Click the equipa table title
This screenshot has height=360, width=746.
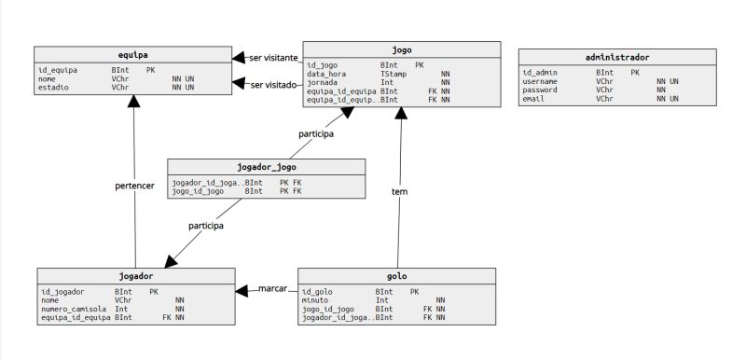point(133,55)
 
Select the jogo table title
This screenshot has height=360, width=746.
point(402,49)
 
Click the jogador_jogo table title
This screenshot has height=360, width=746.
point(267,168)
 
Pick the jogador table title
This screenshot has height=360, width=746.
point(136,277)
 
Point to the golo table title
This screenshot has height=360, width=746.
point(396,277)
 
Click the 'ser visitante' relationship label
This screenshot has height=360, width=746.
point(273,58)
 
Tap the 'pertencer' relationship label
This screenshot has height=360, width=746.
point(134,186)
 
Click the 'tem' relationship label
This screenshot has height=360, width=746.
point(400,191)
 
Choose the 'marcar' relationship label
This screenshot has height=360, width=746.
point(272,290)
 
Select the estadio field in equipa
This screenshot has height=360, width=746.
point(55,87)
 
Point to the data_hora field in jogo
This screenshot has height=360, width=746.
point(326,74)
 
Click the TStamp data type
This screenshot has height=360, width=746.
point(394,74)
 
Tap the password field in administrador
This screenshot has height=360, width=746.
point(540,90)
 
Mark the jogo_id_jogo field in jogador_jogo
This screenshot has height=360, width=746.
point(198,191)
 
